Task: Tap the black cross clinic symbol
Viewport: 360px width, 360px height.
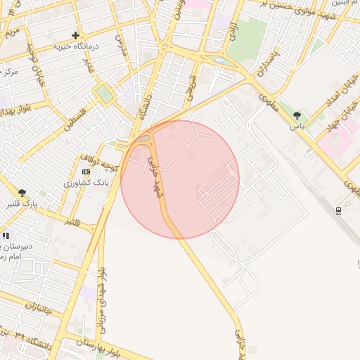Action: pos(75,35)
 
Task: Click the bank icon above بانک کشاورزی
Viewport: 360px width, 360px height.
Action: pos(86,172)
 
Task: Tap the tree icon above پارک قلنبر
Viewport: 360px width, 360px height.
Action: pos(22,192)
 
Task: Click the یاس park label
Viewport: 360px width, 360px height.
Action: pos(297,127)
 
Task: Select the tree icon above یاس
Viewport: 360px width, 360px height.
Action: pos(297,115)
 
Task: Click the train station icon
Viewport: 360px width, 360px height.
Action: pos(339,211)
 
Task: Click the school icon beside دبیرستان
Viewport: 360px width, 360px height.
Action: pos(6,236)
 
